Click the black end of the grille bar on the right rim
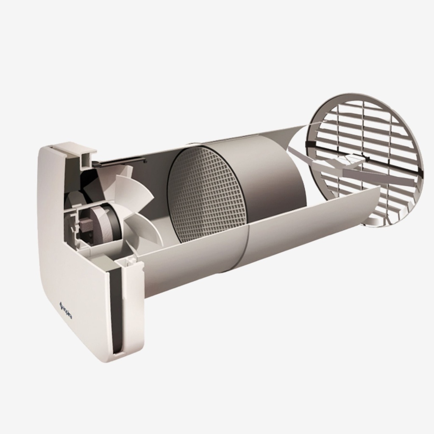[x=420, y=172]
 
